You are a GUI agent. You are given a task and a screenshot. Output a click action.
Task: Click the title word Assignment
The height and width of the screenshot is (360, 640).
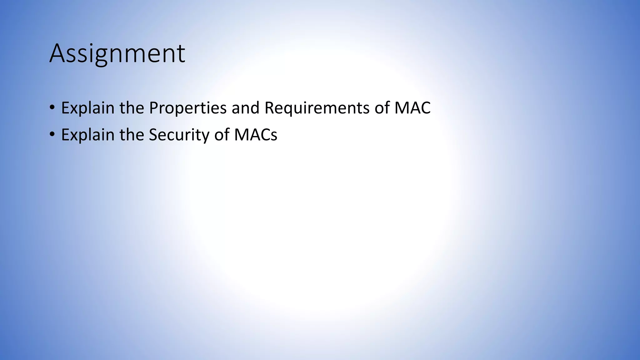[117, 54]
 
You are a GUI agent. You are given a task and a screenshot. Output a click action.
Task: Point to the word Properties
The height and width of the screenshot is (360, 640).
[188, 108]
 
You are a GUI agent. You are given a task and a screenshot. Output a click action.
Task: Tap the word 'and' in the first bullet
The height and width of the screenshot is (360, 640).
[246, 108]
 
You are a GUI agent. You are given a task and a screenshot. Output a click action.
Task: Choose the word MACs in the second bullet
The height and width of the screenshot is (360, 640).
[256, 135]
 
